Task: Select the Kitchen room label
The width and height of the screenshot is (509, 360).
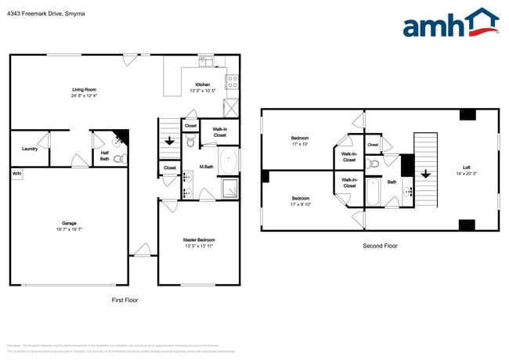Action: pos(202,85)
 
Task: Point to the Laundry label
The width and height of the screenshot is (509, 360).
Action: pos(30,148)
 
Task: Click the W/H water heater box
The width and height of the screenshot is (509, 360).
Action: pos(16,173)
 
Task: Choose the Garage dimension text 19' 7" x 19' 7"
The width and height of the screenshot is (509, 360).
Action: pos(69,229)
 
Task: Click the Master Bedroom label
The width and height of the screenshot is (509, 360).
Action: pos(199,239)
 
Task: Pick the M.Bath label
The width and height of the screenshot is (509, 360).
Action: pos(207,166)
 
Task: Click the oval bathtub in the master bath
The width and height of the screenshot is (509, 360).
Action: pos(229,162)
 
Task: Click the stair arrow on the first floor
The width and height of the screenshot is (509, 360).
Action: pos(170,142)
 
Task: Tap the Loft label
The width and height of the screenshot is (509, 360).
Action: pos(467,167)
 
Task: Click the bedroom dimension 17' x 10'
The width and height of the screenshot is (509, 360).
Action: pos(301,144)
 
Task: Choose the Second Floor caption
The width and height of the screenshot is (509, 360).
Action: pos(380,246)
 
